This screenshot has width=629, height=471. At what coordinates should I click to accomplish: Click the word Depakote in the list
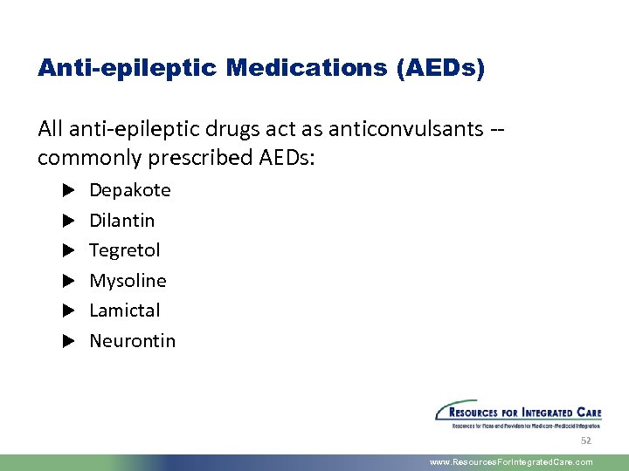pos(130,190)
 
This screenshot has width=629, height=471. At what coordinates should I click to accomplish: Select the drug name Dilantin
pos(121,220)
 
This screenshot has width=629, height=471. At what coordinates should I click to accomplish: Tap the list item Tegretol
pos(125,250)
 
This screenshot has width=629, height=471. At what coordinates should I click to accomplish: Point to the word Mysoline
pos(128,281)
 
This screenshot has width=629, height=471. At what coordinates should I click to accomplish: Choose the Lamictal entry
pos(125,311)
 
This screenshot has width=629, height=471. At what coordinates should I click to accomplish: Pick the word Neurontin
pos(132,341)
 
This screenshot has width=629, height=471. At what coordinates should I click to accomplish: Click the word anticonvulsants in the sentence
pos(404,130)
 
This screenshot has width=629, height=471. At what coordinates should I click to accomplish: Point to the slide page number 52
pos(585,441)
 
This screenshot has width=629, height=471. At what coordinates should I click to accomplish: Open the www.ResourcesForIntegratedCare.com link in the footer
pos(511,462)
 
